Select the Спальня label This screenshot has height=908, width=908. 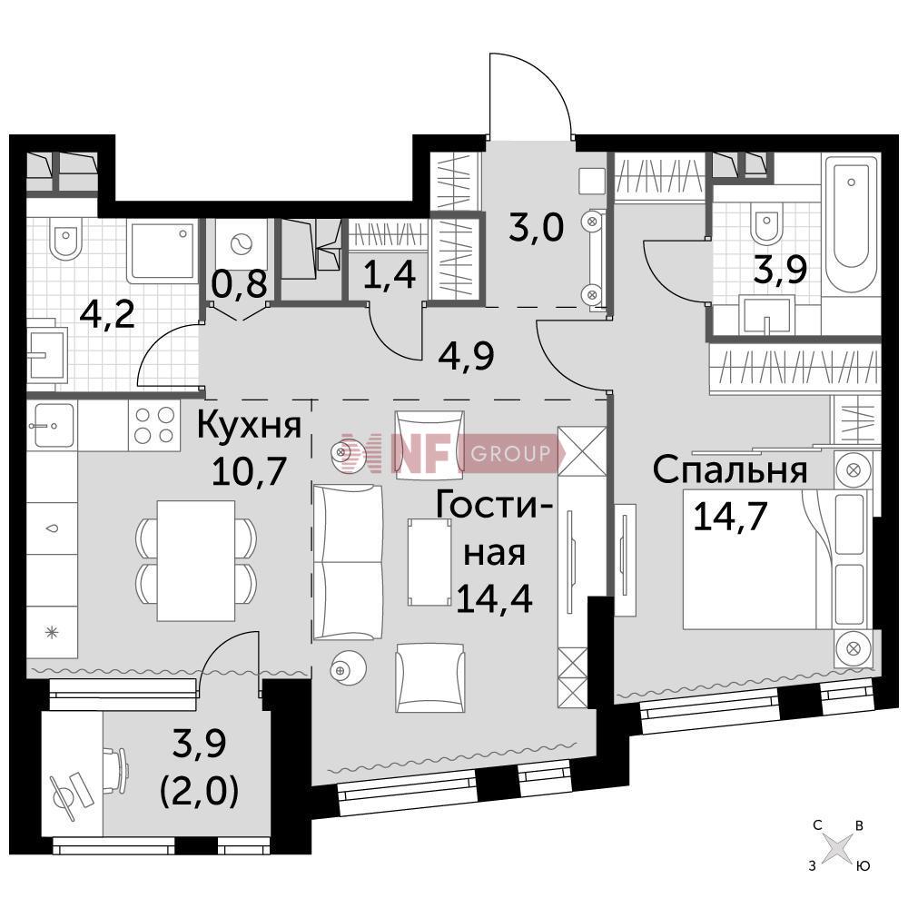729,471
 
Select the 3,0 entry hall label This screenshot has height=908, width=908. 536,226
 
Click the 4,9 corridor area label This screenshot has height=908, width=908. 469,356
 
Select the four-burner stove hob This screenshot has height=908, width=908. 154,424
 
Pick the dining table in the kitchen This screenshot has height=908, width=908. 195,560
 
